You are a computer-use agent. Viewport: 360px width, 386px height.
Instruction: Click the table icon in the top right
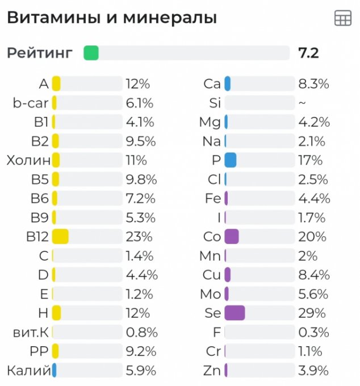343,18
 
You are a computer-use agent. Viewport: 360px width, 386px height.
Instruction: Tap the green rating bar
91,53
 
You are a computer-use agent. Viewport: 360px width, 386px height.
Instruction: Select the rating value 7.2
308,53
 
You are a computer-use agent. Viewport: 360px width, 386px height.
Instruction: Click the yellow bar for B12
60,237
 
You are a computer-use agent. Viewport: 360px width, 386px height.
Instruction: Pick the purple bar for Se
235,313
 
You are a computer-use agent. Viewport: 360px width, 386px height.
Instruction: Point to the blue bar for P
230,161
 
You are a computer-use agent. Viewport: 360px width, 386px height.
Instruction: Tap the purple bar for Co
232,237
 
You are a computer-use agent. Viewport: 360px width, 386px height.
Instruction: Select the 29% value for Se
312,313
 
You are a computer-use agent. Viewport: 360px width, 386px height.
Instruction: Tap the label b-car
31,103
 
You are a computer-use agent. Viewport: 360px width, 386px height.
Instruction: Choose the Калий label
28,371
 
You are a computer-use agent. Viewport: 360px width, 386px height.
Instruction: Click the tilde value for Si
302,103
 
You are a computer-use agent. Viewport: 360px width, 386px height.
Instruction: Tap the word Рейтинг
40,53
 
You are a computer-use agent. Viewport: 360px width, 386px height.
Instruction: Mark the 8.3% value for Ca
313,84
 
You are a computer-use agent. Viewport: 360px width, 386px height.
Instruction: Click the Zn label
212,371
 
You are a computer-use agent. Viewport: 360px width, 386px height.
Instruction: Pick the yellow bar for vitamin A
56,84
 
